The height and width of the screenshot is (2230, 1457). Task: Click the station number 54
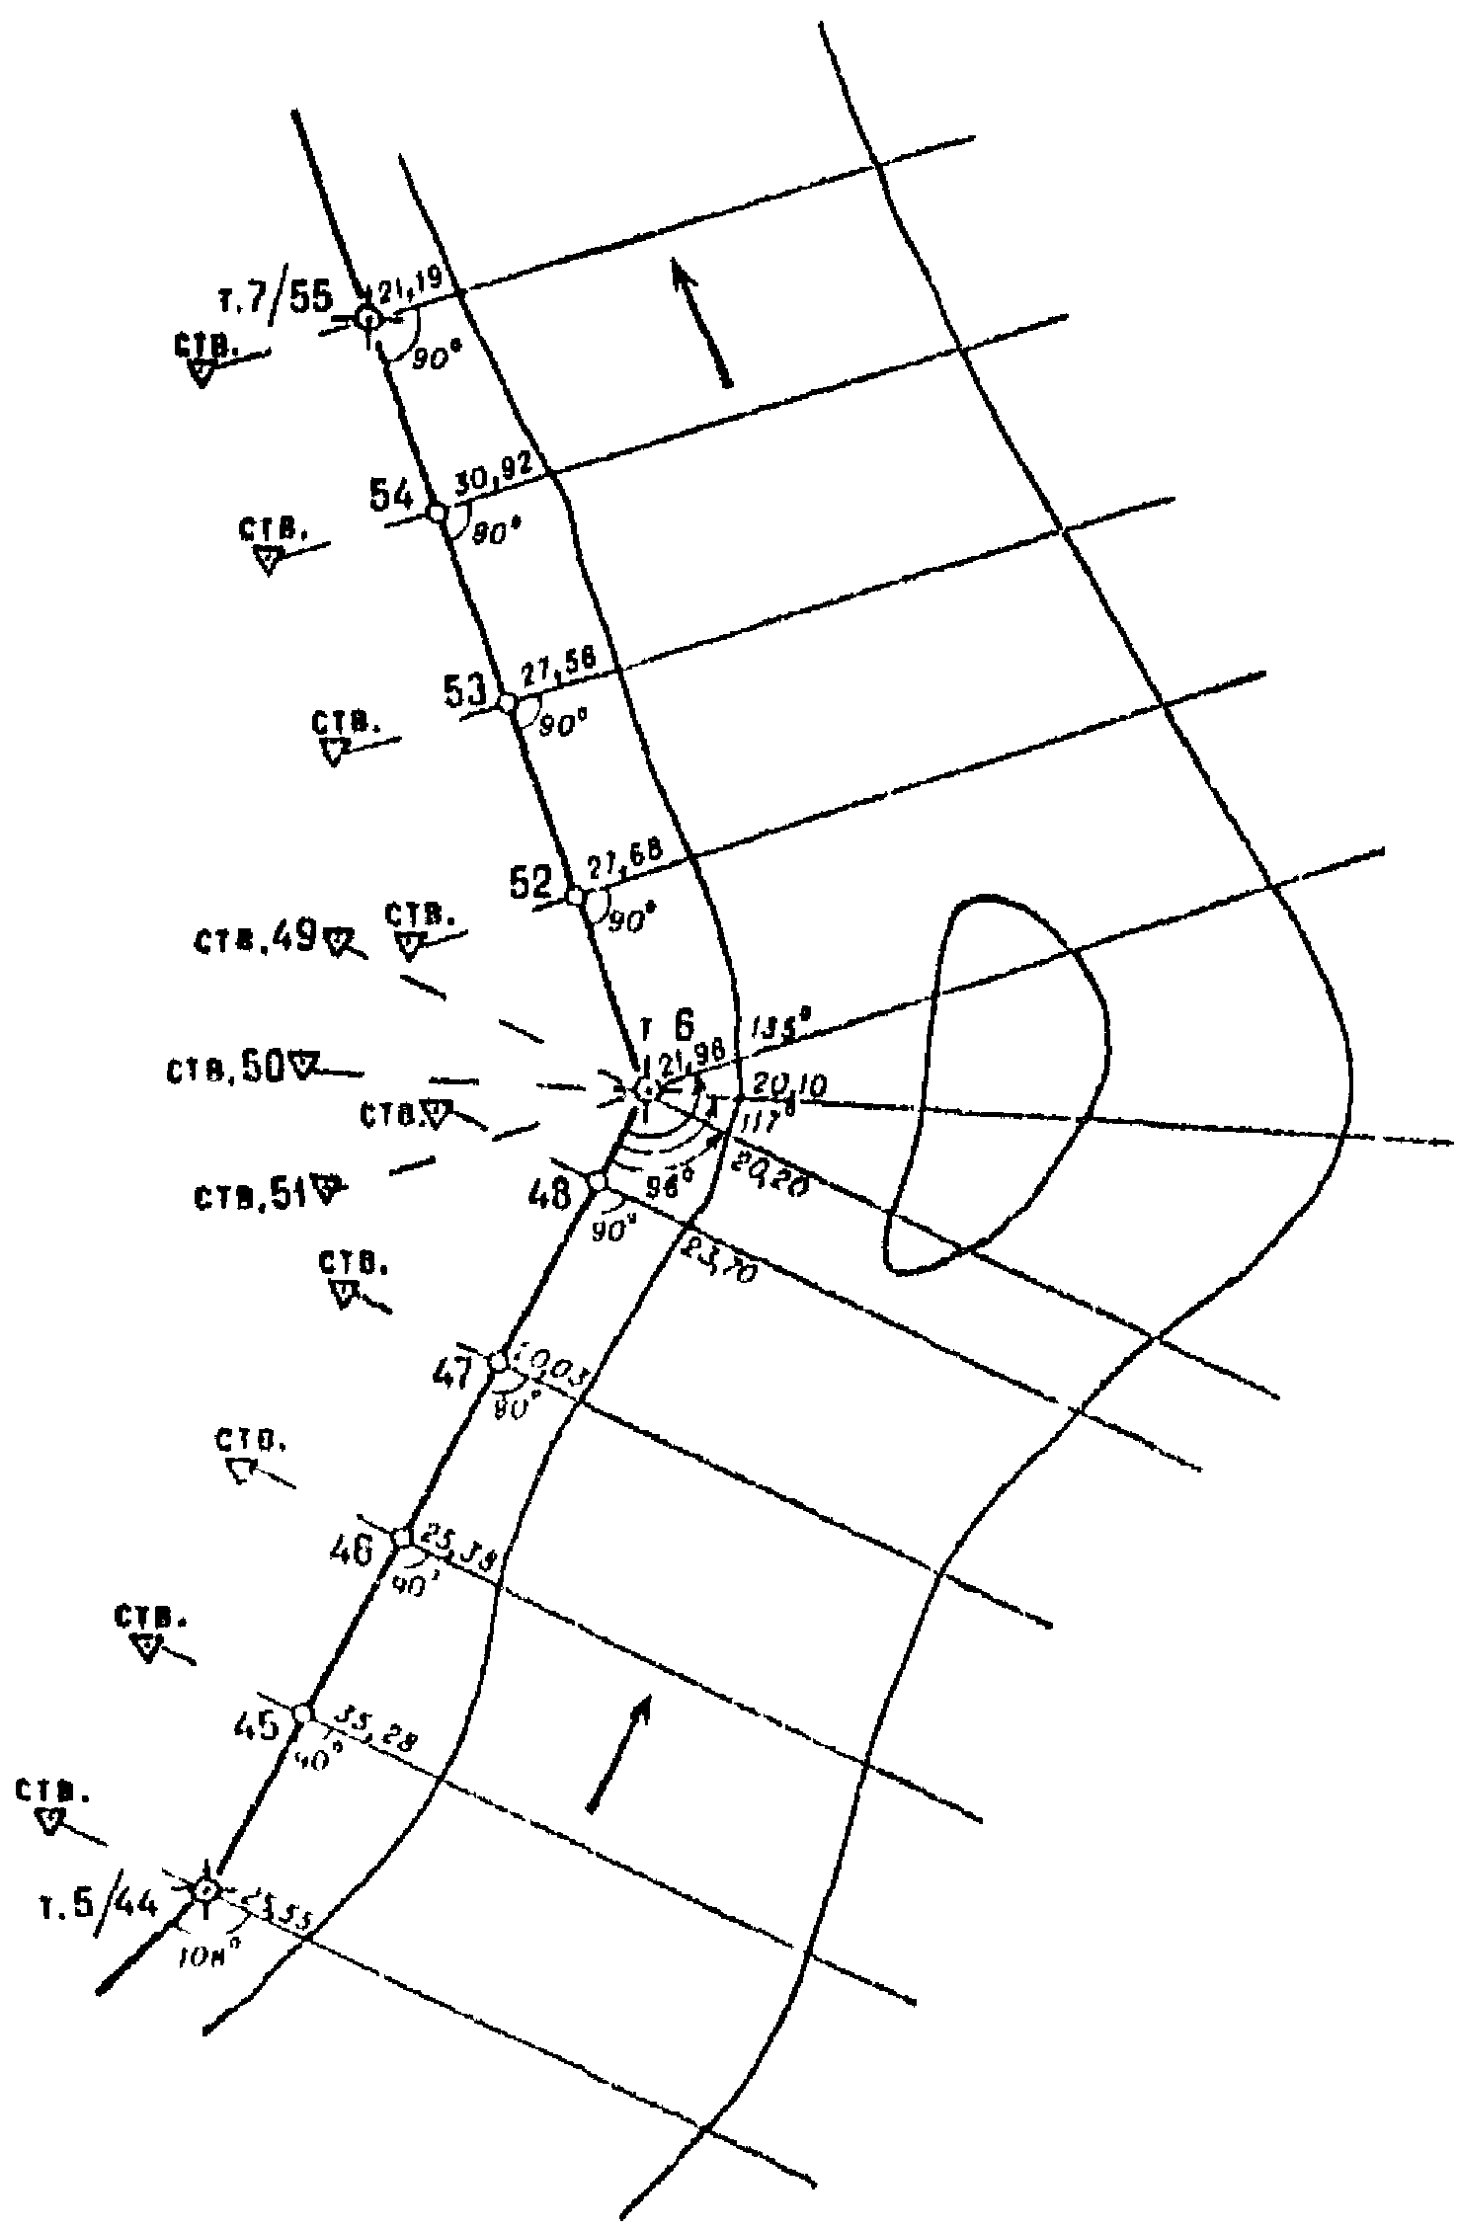391,495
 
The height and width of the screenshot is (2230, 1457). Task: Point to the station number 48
549,1196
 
